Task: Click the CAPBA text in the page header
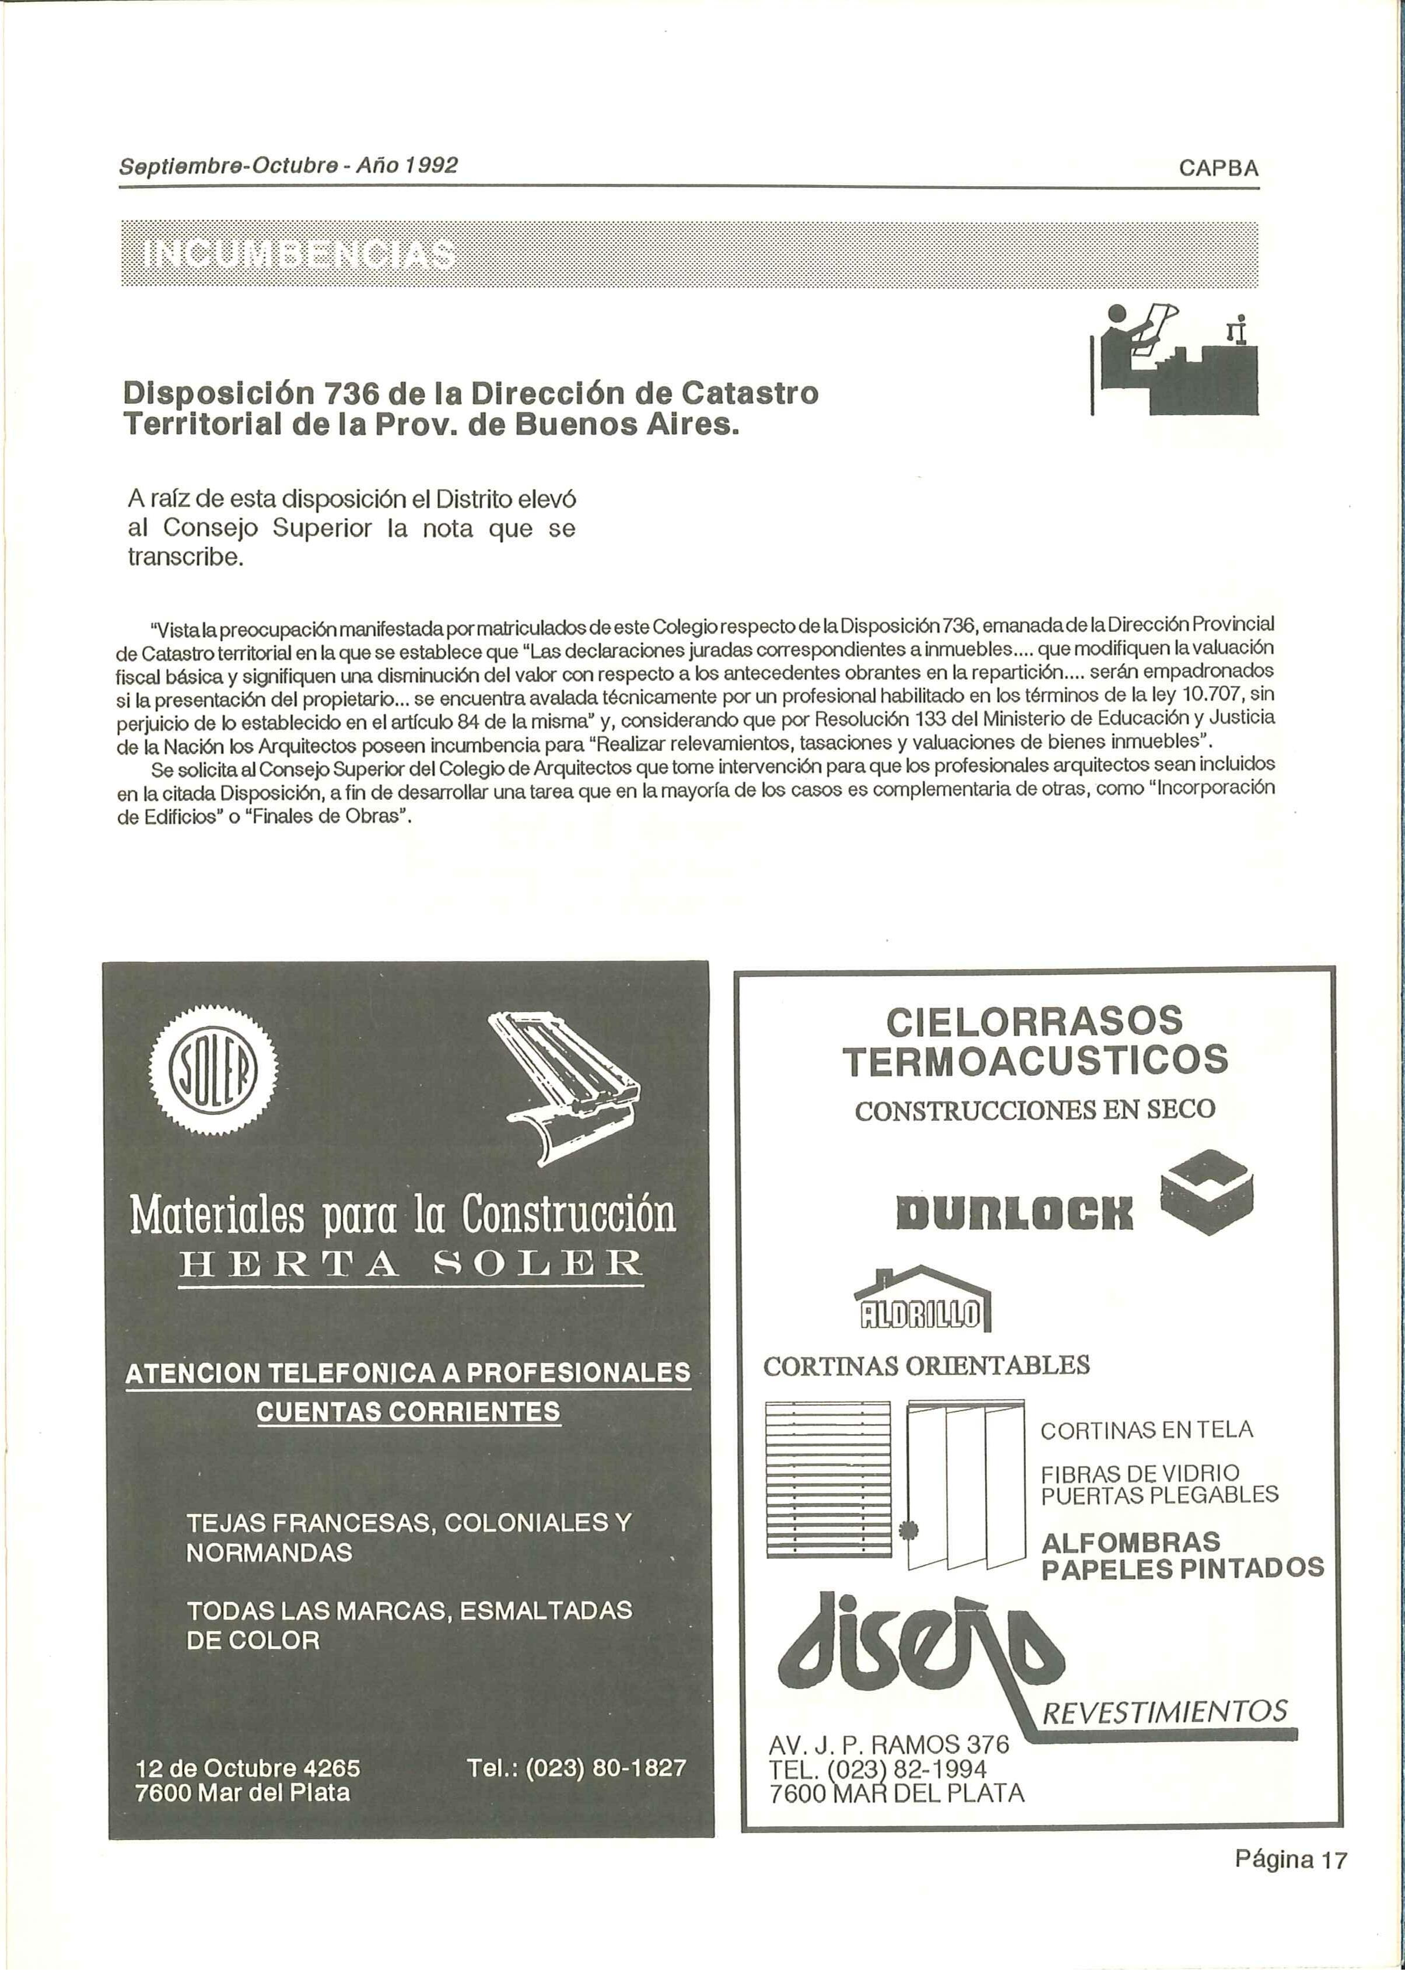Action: point(1218,169)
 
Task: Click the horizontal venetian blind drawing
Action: point(828,1480)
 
